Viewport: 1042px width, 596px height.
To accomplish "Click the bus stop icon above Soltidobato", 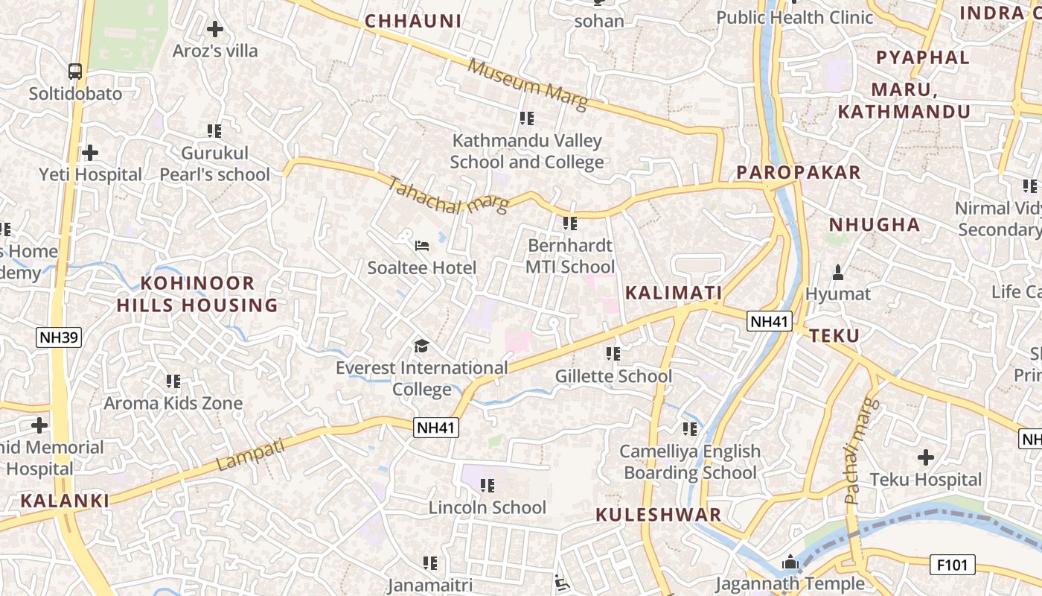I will coord(75,72).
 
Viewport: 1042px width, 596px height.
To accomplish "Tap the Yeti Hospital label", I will coord(91,174).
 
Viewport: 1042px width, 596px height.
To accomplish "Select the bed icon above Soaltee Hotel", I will coord(422,245).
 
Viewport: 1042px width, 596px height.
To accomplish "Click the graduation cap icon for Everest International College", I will coord(422,346).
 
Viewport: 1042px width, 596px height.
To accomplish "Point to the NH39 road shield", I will coord(59,337).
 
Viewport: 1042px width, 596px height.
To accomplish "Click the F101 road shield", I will coord(953,565).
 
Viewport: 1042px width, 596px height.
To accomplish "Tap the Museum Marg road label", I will coord(528,84).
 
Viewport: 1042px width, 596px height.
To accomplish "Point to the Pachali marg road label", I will coord(862,451).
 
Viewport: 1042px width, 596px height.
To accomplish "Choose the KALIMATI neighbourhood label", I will coord(674,293).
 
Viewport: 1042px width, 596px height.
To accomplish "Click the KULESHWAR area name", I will coord(659,515).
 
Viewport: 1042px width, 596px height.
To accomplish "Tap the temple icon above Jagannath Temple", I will coord(790,562).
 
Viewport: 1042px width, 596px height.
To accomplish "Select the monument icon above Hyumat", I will coord(838,273).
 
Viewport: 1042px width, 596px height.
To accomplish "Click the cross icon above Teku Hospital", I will coord(926,457).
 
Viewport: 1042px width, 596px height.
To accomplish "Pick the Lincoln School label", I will coord(488,507).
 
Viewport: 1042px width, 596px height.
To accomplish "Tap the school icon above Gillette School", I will coord(613,354).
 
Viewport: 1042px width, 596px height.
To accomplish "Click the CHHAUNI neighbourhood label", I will coord(413,21).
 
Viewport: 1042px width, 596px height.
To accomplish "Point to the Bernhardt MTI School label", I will coord(570,256).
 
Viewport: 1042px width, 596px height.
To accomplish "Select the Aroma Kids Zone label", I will coord(173,403).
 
